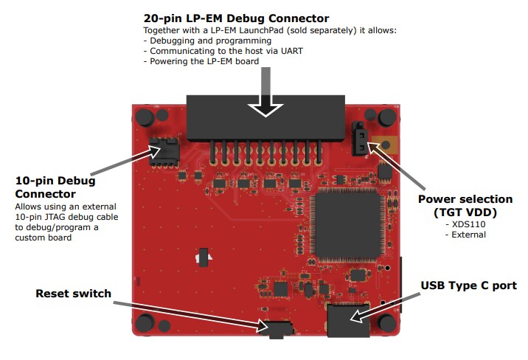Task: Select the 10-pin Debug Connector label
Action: click(x=55, y=187)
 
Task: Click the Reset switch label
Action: click(x=73, y=294)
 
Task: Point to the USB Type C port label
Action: click(x=468, y=285)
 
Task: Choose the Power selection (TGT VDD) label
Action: click(x=465, y=206)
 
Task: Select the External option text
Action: click(x=467, y=235)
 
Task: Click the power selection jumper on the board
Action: click(x=360, y=137)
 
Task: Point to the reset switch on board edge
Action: click(x=274, y=328)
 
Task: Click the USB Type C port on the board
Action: click(x=348, y=322)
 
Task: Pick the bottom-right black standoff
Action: click(x=385, y=322)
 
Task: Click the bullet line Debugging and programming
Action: click(x=198, y=41)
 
